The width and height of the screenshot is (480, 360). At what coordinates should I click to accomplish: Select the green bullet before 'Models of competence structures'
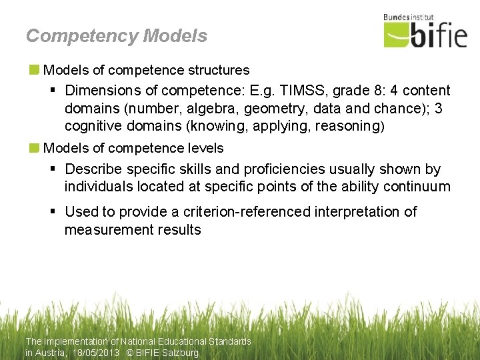[x=34, y=69]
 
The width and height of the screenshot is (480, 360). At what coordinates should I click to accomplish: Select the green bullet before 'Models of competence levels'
[x=34, y=147]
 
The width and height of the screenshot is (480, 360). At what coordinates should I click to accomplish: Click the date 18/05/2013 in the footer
[x=97, y=353]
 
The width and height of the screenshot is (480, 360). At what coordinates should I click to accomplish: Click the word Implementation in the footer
[x=75, y=341]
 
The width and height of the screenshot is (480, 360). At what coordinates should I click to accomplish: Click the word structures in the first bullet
[x=215, y=69]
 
